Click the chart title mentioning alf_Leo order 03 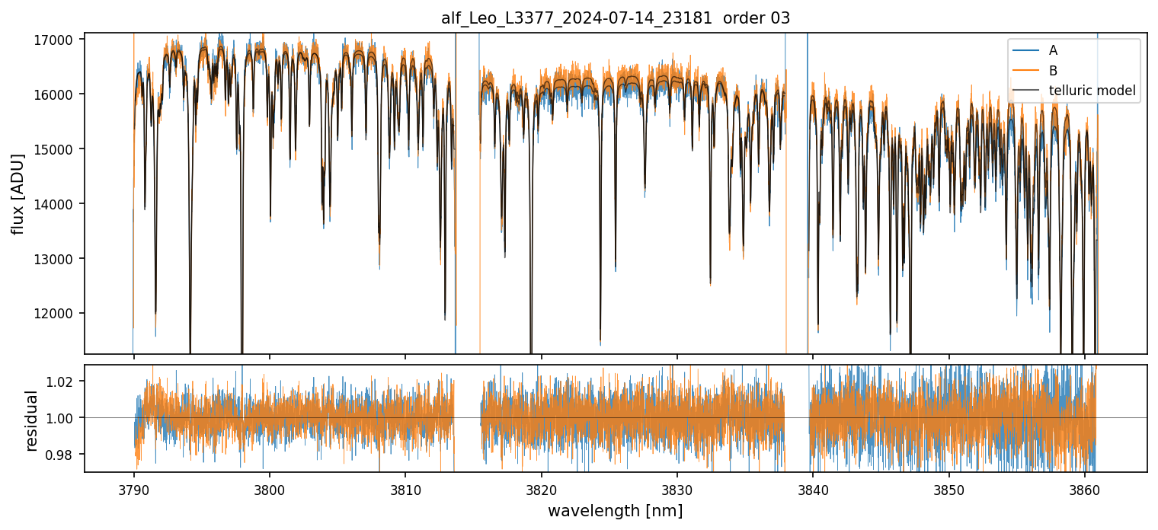click(616, 18)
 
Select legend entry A click(1053, 50)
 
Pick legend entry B click(1053, 71)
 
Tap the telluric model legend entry click(1092, 91)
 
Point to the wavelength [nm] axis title click(616, 511)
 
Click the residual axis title click(31, 420)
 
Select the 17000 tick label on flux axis click(58, 40)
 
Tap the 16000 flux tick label click(58, 94)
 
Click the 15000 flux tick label click(58, 149)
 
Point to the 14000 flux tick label click(58, 204)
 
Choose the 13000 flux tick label click(58, 259)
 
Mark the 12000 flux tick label click(58, 314)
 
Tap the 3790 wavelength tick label click(134, 489)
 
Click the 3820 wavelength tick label click(541, 489)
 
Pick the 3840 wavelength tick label click(813, 489)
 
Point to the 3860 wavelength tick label click(1084, 489)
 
